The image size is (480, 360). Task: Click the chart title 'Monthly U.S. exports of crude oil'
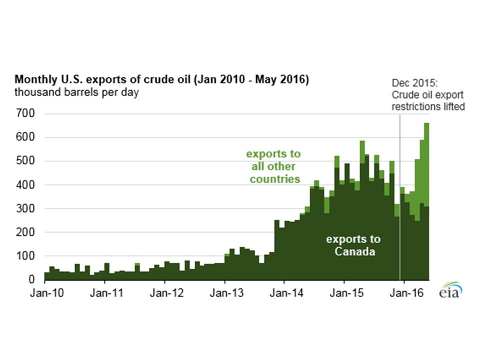161,80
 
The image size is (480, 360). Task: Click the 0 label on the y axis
31,279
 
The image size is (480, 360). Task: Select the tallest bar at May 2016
426,200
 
